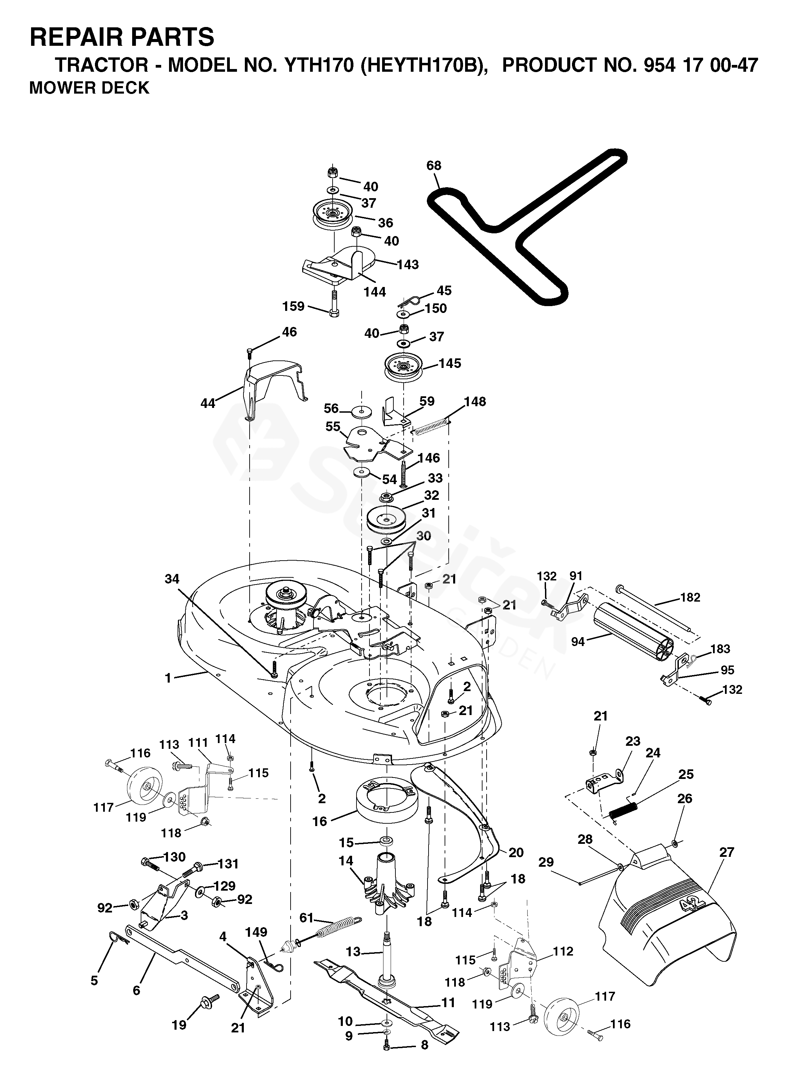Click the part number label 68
coord(434,166)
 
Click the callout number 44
coord(208,403)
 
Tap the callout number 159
coord(294,306)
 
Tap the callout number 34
coord(172,579)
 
